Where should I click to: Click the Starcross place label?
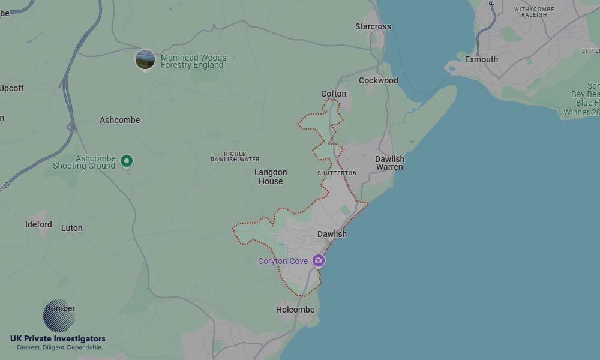pos(373,26)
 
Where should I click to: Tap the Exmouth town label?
pos(481,59)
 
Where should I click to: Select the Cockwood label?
pos(378,80)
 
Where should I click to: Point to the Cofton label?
pos(334,94)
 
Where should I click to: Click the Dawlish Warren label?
pos(389,163)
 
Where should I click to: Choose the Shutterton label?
pos(337,173)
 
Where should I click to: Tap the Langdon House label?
pos(271,176)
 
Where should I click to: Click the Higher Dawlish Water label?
pos(235,157)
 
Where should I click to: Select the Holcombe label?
pos(295,310)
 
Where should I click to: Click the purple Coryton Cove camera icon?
pos(319,260)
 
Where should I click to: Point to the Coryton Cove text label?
pos(283,261)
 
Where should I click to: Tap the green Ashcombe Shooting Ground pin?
pos(127,160)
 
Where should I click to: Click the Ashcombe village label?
pos(119,120)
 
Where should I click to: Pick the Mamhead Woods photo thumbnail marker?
pos(145,59)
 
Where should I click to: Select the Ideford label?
pos(38,224)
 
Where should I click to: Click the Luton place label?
pos(71,228)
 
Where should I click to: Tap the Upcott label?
pos(11,88)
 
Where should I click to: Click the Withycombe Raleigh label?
pos(530,12)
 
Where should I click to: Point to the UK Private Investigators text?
pos(58,339)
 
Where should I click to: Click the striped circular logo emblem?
pos(59,316)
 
